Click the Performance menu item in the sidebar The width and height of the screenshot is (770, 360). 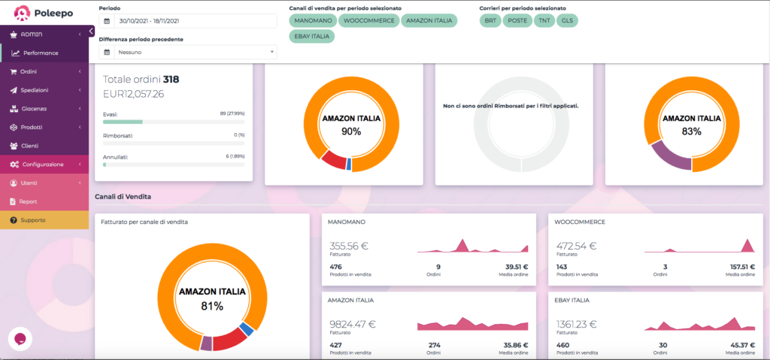tap(41, 53)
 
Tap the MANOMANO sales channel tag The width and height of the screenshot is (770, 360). tap(314, 20)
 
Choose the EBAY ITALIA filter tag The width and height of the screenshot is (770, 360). tap(312, 36)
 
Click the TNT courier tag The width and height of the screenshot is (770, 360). tap(544, 20)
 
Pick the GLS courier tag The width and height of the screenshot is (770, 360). tap(567, 20)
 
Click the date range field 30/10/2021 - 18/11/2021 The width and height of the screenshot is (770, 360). tap(187, 21)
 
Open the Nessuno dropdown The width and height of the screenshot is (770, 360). tap(187, 52)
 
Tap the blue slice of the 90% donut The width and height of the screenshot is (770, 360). tap(349, 164)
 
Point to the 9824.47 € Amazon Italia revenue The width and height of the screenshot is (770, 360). tap(353, 324)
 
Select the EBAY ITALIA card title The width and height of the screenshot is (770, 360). tap(571, 300)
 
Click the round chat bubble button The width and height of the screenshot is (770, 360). tap(20, 340)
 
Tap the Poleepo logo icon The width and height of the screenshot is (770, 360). tap(23, 14)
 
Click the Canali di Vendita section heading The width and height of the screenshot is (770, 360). tap(123, 196)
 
